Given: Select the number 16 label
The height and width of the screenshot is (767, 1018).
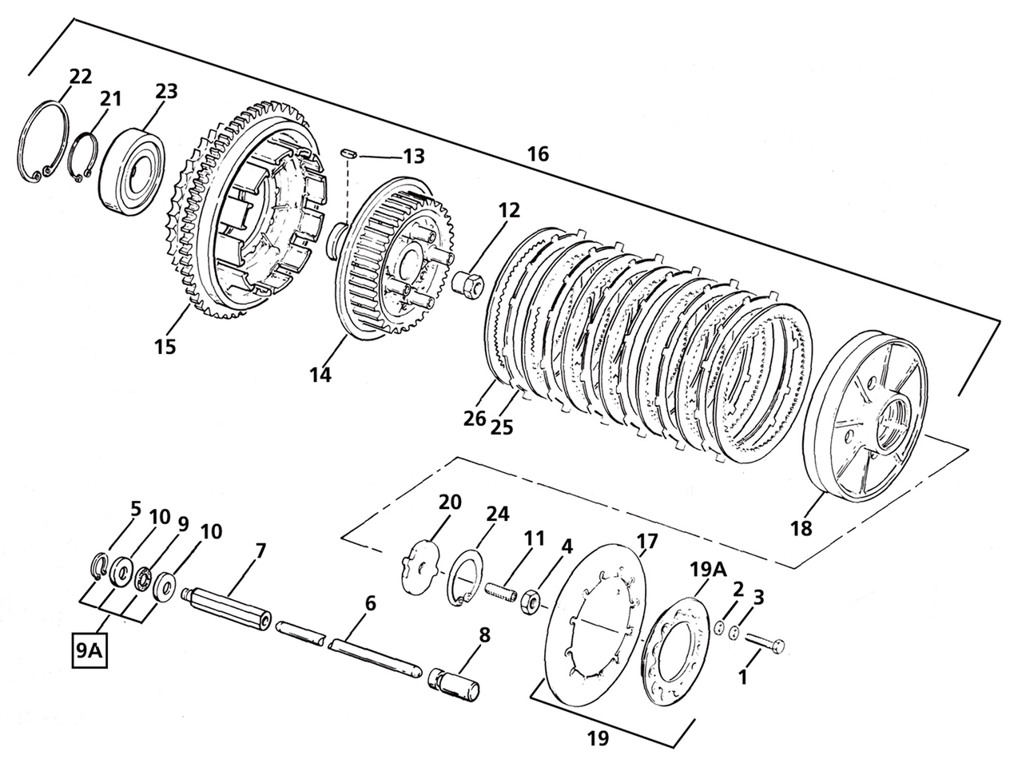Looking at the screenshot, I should [538, 154].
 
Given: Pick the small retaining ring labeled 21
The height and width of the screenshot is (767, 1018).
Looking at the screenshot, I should [82, 159].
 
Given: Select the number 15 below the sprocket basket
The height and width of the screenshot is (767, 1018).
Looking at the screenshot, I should [165, 347].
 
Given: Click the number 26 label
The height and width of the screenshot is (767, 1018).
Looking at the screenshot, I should [475, 418].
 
